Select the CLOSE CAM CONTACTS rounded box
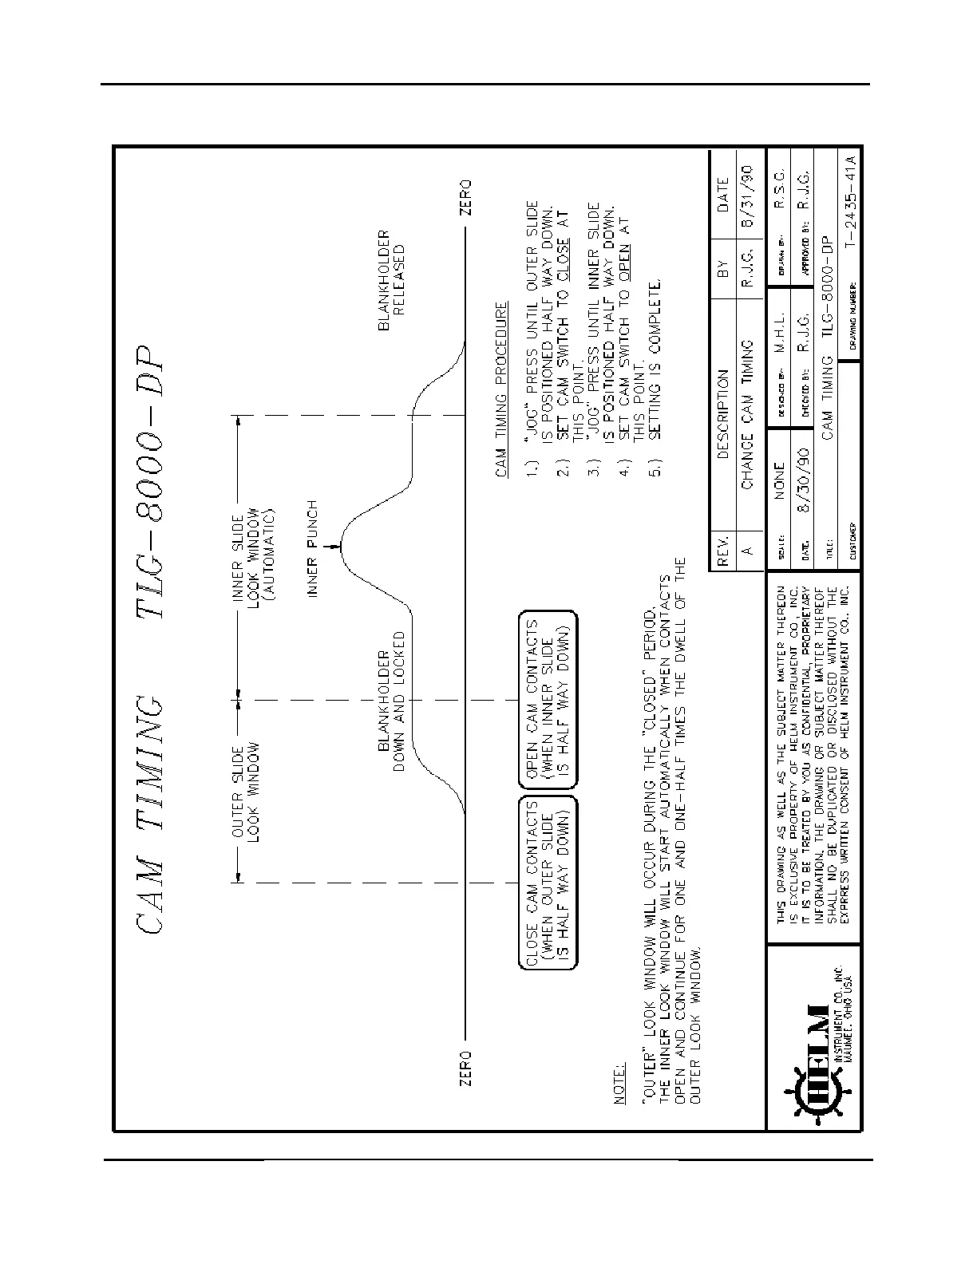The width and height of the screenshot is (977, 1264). pos(548,882)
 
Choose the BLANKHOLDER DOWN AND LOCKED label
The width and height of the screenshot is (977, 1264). pos(391,701)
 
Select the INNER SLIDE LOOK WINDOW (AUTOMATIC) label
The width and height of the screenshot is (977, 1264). pos(254,553)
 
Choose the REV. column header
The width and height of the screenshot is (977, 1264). pos(721,550)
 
